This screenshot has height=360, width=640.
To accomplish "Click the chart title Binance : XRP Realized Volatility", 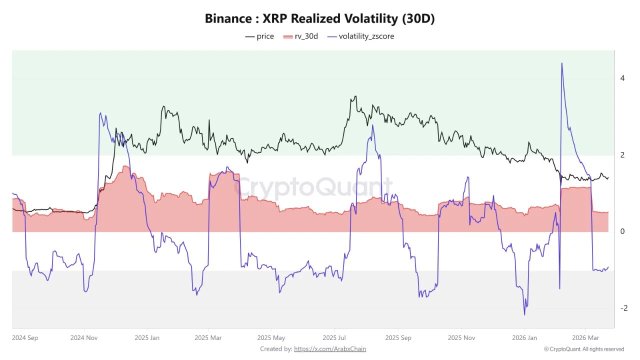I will pyautogui.click(x=319, y=18).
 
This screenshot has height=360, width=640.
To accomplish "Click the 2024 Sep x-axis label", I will pyautogui.click(x=27, y=338).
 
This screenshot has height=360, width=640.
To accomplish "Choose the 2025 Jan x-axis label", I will pyautogui.click(x=148, y=338).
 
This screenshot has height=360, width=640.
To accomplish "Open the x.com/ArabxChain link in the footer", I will pyautogui.click(x=333, y=349).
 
